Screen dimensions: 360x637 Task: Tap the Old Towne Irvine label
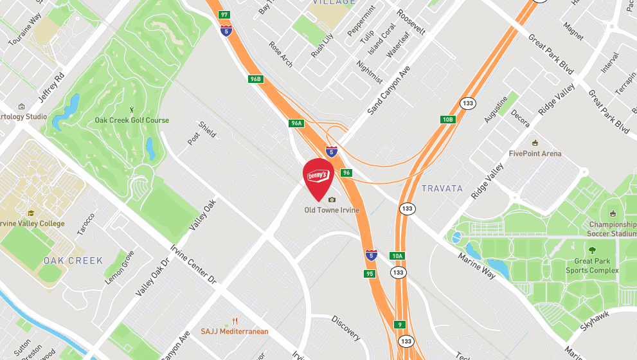(332, 210)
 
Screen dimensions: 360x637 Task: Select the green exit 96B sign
(256, 79)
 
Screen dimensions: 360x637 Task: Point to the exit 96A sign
(296, 123)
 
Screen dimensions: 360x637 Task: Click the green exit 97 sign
(224, 14)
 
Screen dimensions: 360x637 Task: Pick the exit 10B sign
(448, 119)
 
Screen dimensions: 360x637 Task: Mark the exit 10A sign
(397, 256)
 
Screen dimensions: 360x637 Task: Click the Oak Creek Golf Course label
(132, 120)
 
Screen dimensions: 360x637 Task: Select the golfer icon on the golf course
(132, 110)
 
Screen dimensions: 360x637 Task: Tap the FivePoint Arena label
(535, 154)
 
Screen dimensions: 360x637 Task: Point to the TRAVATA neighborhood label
(442, 188)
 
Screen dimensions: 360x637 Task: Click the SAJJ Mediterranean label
(234, 331)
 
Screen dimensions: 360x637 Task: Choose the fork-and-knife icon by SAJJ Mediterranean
(235, 320)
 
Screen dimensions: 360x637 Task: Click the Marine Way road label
(476, 266)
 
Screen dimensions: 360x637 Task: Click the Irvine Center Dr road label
(194, 264)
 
